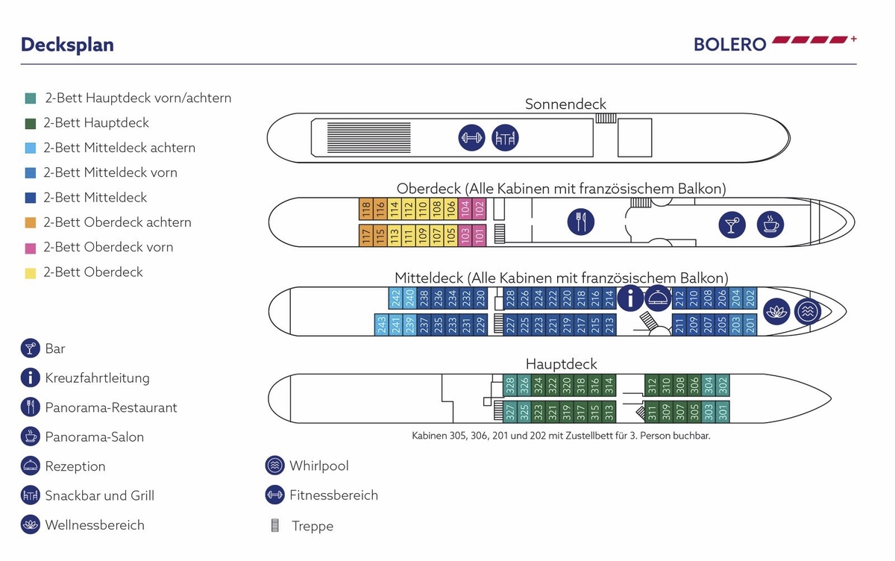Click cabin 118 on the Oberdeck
tap(365, 210)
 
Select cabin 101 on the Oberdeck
tap(479, 235)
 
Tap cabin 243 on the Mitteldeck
tap(382, 325)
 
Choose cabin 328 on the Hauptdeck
tap(510, 385)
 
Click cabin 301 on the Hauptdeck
tap(722, 411)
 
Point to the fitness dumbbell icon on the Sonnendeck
tap(471, 138)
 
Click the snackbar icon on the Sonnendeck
tap(505, 138)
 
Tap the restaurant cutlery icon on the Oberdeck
tap(580, 222)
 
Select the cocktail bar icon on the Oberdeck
tap(732, 224)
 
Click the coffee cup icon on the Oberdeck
tap(770, 224)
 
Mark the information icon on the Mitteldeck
tap(631, 298)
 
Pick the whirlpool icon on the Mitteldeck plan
tap(808, 310)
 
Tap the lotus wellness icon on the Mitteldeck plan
tap(776, 310)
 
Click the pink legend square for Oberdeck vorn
tap(31, 248)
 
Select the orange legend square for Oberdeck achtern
tap(31, 222)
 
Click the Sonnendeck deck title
tap(565, 104)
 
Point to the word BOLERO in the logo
tap(729, 44)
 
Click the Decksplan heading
tap(67, 45)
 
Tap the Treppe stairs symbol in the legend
tap(274, 526)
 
